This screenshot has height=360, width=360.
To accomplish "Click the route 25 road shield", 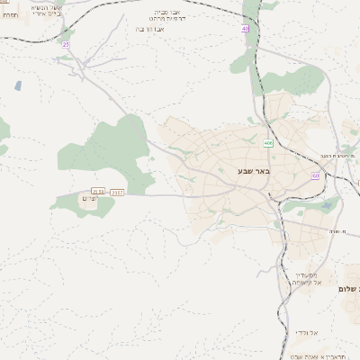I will (x=66, y=43).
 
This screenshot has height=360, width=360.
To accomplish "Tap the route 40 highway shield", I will (x=245, y=29).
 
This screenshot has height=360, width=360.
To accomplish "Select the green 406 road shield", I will (x=268, y=143).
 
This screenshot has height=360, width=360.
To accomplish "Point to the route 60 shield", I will (x=316, y=175).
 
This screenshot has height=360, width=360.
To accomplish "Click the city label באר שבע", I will (x=254, y=170).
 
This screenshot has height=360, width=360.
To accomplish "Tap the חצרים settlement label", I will (x=89, y=198).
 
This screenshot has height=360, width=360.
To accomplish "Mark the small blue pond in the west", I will (x=18, y=86).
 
